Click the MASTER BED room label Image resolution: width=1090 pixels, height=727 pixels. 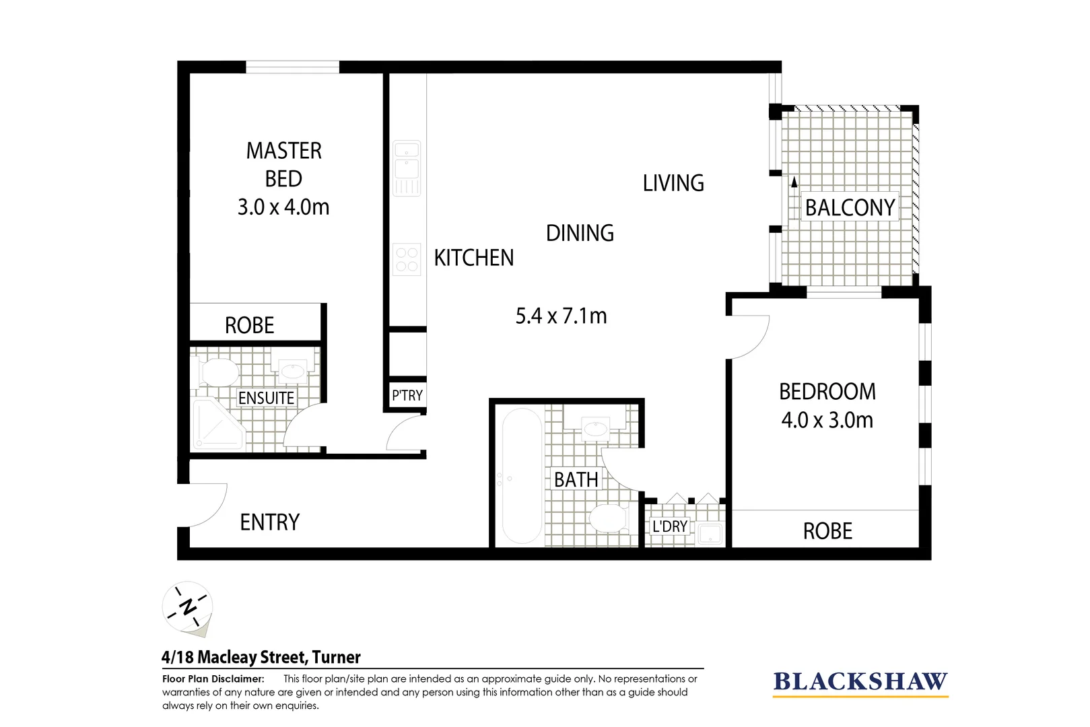[283, 164]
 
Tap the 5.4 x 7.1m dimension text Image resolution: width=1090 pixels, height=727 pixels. [561, 316]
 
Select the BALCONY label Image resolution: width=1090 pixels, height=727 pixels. [850, 207]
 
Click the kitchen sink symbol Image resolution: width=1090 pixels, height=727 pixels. [407, 168]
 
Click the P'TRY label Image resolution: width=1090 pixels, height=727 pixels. [407, 395]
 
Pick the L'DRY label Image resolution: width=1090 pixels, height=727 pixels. [669, 526]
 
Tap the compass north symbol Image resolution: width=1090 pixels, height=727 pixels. [188, 607]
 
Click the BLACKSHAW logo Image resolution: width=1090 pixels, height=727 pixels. [860, 682]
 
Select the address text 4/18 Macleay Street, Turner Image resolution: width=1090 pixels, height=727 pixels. [261, 657]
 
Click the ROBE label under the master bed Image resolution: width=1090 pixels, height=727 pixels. [249, 326]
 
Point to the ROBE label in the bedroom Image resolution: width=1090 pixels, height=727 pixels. [827, 531]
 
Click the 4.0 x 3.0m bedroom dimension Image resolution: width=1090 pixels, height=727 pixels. [827, 420]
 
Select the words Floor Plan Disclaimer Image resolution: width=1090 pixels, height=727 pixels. [213, 679]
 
